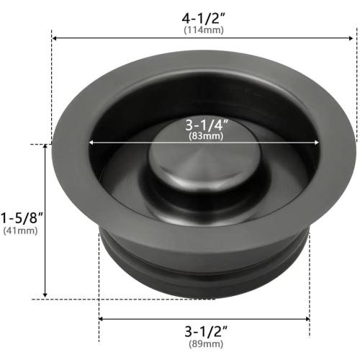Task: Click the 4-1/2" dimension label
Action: click(203, 16)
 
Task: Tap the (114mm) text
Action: click(203, 30)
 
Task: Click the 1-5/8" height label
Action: click(22, 217)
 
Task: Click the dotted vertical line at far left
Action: click(52, 86)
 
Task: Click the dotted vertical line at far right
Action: click(356, 86)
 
